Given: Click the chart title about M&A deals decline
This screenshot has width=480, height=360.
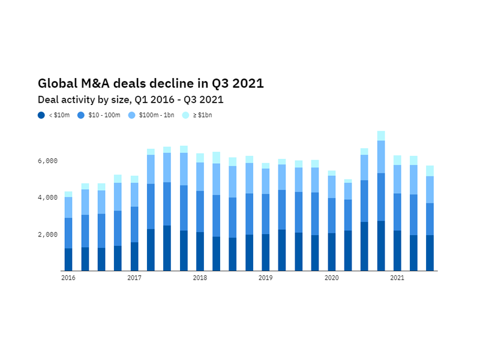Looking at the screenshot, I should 151,83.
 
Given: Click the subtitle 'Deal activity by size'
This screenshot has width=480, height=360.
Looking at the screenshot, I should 130,100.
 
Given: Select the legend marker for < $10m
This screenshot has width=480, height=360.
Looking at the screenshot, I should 41,115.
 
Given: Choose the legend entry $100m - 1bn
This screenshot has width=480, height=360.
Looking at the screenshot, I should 153,115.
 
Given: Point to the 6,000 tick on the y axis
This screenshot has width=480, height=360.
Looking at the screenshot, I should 47,161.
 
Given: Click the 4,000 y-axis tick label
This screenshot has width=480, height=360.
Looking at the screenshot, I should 47,197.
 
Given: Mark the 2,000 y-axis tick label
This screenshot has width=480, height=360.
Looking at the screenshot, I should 47,234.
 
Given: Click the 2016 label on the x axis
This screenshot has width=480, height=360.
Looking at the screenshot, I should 68,278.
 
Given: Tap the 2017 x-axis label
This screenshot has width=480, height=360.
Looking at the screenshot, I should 134,278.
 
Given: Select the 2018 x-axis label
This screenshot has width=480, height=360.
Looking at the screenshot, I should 200,278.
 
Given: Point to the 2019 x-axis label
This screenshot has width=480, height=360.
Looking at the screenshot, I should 266,278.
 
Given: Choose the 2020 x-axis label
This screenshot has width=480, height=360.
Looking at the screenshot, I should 331,278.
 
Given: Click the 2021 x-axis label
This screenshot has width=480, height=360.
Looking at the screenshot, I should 397,278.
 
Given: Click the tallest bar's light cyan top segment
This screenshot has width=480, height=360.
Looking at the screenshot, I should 380,136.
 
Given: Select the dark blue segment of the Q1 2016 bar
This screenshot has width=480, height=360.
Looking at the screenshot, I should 68,259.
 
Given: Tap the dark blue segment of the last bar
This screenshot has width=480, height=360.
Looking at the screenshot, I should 430,253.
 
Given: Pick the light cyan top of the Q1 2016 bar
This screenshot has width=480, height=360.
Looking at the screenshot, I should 68,194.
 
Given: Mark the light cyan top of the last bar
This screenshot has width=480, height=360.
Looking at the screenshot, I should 430,171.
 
